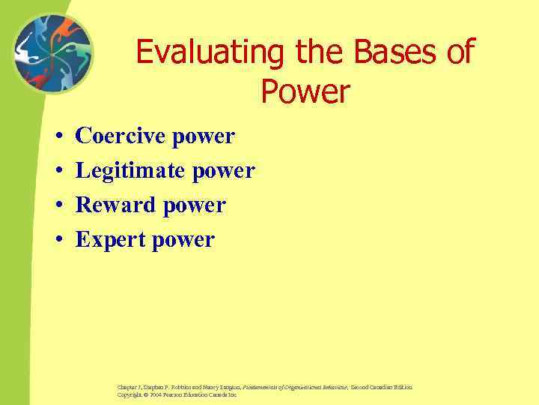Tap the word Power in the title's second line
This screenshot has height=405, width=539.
[x=305, y=92]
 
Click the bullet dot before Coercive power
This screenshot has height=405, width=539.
[x=58, y=137]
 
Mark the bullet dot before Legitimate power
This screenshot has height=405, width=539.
[x=58, y=172]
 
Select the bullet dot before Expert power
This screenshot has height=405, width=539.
[x=58, y=241]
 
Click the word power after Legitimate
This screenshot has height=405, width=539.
[x=224, y=172]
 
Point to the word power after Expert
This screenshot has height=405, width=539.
[x=184, y=241]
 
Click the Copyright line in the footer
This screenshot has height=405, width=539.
[x=177, y=394]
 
